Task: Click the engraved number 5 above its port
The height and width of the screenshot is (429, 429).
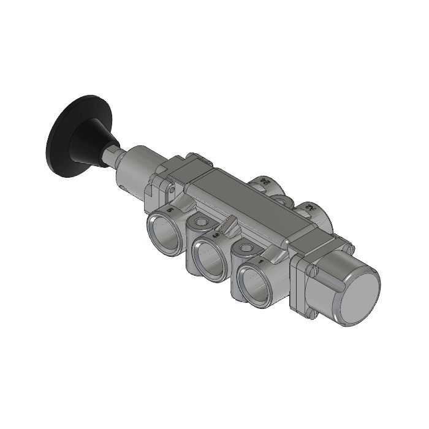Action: pos(170,210)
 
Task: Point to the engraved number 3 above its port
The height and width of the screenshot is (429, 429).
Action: pos(214,235)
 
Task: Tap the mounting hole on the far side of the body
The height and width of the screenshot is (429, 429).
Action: pos(280,199)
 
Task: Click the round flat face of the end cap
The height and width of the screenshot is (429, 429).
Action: pos(359,297)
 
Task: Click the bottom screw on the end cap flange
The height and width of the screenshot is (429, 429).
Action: pos(311,314)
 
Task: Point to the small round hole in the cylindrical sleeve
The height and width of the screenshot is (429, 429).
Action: pos(125,186)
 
